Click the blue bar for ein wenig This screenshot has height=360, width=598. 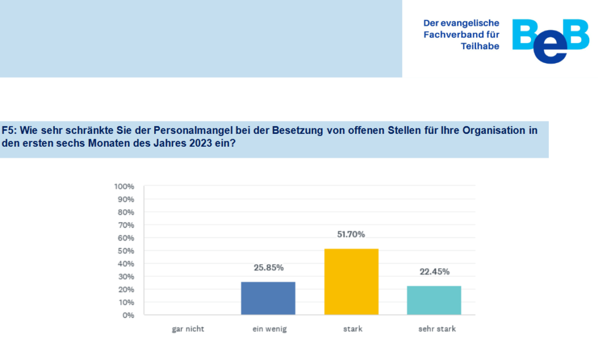pos(268,298)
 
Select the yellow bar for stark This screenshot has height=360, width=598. pos(352,282)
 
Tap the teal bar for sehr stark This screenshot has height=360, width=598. pos(434,300)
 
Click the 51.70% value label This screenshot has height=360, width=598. pos(352,234)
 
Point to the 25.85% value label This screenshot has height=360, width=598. pos(268,268)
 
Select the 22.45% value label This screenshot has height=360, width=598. pos(434,272)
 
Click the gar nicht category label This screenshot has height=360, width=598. pos(188,329)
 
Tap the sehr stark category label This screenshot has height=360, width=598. pos(437,329)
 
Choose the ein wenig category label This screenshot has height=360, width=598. pos(270,329)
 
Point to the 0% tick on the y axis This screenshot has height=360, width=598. pos(128,315)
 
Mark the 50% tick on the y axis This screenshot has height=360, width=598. pos(127,251)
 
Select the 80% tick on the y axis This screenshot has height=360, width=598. pos(127,212)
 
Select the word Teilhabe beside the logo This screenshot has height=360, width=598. pos(479,46)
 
